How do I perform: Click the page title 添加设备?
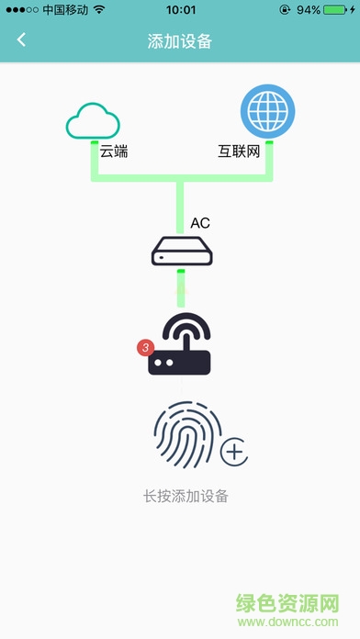pos(180,40)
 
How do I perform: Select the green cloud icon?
pos(94,119)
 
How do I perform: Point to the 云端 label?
pos(114,151)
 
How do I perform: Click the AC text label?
pos(200,223)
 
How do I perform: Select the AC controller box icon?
pos(181,250)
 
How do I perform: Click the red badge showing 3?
pos(144,348)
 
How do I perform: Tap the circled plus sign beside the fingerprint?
pos(236,452)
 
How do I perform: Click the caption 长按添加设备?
pos(185,497)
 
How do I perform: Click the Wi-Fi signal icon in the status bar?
pos(99,10)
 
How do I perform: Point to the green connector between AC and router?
pos(181,287)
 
